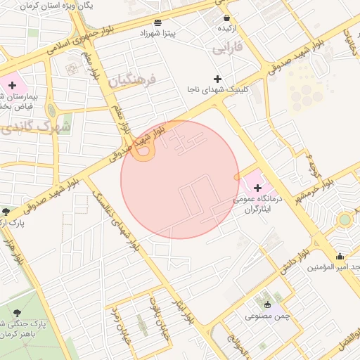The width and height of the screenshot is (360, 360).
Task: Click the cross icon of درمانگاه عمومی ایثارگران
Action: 258,188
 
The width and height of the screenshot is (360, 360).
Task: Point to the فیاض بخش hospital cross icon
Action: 12,84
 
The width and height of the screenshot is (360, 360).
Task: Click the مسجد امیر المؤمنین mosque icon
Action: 340,256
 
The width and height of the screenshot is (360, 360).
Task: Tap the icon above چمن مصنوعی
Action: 267,304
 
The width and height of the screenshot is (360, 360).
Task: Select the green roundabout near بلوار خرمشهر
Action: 344,219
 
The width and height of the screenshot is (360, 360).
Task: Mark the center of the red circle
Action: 180,179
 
